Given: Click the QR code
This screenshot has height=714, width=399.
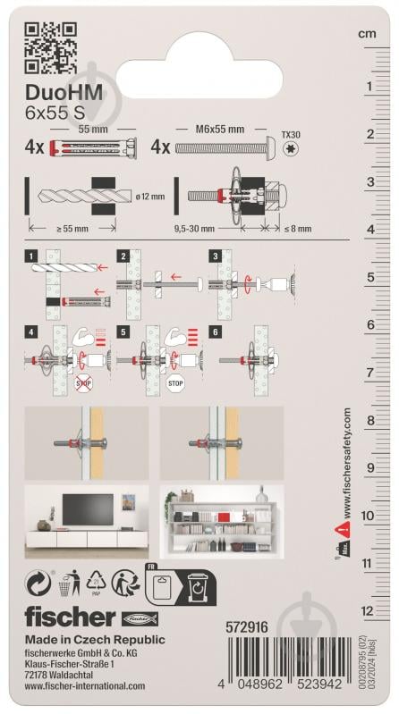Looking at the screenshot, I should (51, 49).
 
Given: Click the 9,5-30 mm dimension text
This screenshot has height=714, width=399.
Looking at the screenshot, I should (203, 229).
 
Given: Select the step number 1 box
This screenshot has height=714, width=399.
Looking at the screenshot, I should (32, 256).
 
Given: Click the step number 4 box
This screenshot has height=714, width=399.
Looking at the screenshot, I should (32, 332).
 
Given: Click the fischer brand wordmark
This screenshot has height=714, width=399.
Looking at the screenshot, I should (70, 617).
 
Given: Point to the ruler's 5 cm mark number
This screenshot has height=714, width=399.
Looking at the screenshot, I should (369, 277).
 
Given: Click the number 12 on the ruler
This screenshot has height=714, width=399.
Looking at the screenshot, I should (367, 611).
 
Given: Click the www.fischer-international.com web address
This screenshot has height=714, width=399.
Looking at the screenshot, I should (84, 686).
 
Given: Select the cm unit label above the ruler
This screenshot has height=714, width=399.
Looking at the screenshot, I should (367, 33).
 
